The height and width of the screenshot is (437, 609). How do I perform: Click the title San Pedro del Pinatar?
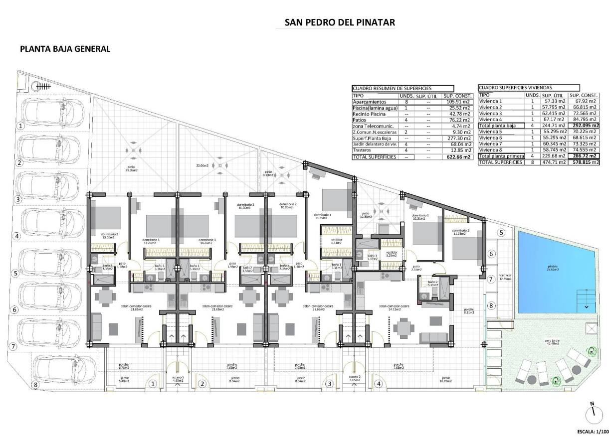pyautogui.click(x=340, y=22)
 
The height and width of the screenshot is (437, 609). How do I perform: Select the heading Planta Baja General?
pyautogui.click(x=64, y=49)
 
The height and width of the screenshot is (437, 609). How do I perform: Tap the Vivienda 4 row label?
pyautogui.click(x=490, y=119)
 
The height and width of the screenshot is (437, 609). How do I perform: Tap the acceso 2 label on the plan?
pyautogui.click(x=354, y=378)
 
